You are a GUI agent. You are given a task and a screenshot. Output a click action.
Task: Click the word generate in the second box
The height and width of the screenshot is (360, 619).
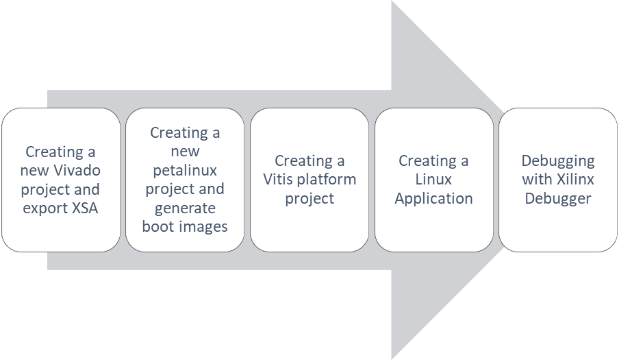click(185, 207)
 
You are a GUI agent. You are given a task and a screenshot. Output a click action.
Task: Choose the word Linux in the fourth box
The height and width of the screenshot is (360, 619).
click(433, 180)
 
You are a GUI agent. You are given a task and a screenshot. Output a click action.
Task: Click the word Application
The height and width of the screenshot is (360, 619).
click(433, 199)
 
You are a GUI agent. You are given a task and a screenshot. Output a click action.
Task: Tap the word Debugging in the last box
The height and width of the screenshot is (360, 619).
click(558, 161)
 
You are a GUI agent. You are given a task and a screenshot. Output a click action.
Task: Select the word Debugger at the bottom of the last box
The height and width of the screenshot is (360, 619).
click(558, 199)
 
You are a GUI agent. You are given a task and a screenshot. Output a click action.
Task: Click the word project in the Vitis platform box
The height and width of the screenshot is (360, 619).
click(309, 199)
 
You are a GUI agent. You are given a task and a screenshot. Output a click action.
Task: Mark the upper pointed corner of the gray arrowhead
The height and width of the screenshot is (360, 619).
click(391, 2)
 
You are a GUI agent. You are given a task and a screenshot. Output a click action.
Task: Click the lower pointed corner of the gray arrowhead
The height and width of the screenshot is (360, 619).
click(391, 358)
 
